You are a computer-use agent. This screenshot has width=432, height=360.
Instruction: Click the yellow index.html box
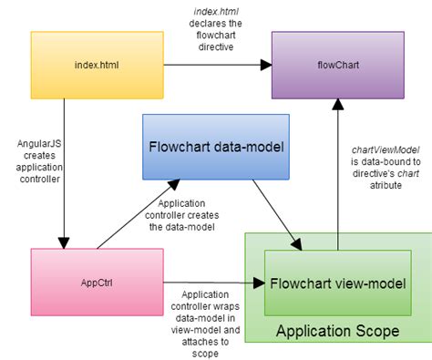98,65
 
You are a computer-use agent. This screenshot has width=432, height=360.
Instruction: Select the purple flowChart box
338,65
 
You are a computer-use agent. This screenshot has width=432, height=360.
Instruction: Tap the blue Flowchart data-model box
216,147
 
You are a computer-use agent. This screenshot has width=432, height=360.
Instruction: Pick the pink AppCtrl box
98,283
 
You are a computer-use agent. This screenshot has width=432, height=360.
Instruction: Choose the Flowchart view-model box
338,283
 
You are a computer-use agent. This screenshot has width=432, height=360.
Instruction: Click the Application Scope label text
338,331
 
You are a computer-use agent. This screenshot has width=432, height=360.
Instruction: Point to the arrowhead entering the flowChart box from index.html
266,65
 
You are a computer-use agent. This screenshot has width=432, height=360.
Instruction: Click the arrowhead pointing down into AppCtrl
64,243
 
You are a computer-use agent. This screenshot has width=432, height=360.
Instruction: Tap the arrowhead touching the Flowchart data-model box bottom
174,184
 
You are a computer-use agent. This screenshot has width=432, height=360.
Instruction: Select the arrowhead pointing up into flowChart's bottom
338,104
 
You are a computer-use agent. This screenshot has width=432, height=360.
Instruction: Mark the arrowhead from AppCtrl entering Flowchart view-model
259,283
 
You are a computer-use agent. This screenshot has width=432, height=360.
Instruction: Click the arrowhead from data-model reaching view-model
297,244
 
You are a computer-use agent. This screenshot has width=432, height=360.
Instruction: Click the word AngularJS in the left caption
39,143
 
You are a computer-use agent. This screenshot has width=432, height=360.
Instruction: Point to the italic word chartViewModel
386,149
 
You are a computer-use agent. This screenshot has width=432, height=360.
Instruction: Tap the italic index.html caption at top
216,12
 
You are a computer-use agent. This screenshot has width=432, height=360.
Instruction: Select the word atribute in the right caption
386,185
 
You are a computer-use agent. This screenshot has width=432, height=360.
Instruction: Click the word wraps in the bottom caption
225,306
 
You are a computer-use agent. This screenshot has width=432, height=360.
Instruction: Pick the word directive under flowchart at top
216,47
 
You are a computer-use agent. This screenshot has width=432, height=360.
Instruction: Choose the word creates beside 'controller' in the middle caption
204,215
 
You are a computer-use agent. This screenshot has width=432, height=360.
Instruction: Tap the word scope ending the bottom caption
205,354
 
